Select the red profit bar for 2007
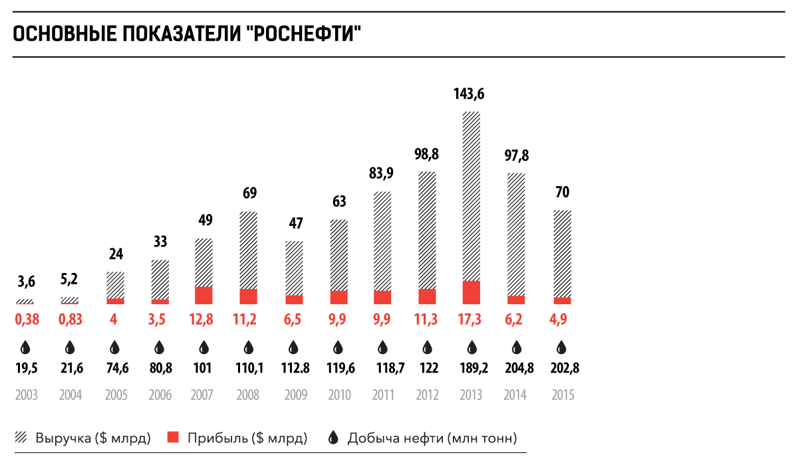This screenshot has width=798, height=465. point(203,296)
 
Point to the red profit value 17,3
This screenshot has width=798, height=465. point(471,320)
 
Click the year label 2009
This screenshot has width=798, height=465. point(296,395)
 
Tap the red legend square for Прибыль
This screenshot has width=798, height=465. point(174,438)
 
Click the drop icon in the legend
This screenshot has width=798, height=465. point(334,438)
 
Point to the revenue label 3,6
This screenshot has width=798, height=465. point(26,282)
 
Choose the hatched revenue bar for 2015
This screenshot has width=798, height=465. point(562,253)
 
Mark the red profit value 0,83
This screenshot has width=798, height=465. point(70,320)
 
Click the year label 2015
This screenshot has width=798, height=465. point(563,395)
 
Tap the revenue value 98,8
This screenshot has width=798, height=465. point(427,154)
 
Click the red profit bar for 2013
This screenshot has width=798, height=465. point(471,292)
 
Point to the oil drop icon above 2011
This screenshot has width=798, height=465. point(382,347)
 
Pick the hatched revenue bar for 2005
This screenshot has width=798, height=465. point(115,285)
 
